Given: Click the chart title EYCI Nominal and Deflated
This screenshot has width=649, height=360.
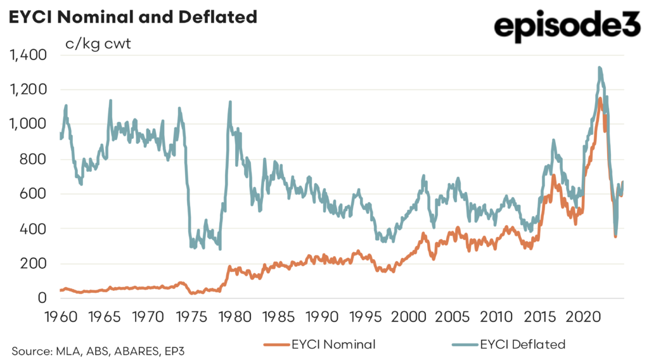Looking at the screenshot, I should click(x=132, y=17).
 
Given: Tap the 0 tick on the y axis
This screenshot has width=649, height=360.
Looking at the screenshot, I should click(x=42, y=298).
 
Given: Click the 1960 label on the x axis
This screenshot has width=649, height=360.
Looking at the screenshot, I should click(x=60, y=316).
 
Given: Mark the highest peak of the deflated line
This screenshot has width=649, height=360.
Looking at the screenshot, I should click(x=599, y=67).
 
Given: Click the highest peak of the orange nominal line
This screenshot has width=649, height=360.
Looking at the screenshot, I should click(x=600, y=98).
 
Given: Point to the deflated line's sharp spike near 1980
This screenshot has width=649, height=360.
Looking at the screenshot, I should click(x=229, y=101).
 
